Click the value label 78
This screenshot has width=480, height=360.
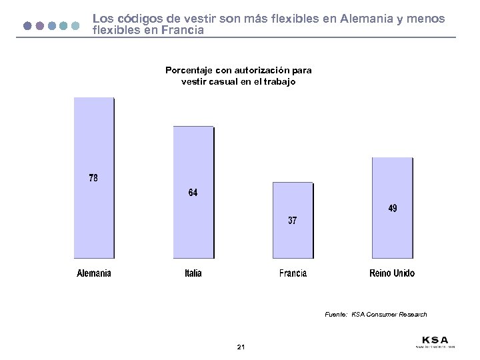[93, 178]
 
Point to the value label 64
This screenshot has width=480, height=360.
[193, 193]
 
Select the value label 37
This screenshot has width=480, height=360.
[293, 220]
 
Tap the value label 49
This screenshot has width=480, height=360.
[393, 208]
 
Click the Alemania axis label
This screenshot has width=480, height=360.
[94, 273]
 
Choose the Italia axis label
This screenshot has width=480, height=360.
[193, 273]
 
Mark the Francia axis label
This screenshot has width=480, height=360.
[293, 273]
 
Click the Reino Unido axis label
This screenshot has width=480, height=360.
[392, 273]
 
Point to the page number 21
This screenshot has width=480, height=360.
[241, 347]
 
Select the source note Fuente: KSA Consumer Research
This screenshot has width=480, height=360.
[375, 314]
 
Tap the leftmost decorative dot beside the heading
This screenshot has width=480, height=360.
[27, 26]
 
